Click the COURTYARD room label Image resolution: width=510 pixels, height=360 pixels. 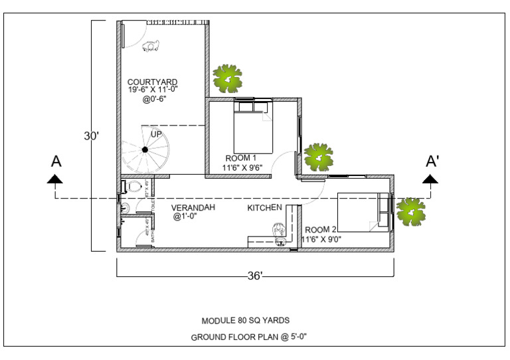[x=152, y=82]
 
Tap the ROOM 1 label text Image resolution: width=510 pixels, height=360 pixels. [x=240, y=158]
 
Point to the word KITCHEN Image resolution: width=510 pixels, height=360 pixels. [x=265, y=209]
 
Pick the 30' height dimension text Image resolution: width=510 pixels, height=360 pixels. [x=92, y=136]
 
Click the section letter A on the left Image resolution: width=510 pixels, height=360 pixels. [x=56, y=161]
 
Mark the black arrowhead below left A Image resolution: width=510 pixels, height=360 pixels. [x=54, y=178]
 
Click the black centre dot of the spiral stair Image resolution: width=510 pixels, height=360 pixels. [x=144, y=150]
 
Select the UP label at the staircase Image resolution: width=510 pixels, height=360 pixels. [x=156, y=134]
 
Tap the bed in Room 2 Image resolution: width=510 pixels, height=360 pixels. [x=363, y=211]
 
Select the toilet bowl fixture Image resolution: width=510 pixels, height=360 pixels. [x=136, y=186]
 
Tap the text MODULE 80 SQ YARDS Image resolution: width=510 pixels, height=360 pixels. [x=245, y=320]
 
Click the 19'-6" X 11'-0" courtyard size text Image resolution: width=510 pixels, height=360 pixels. [x=153, y=90]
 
